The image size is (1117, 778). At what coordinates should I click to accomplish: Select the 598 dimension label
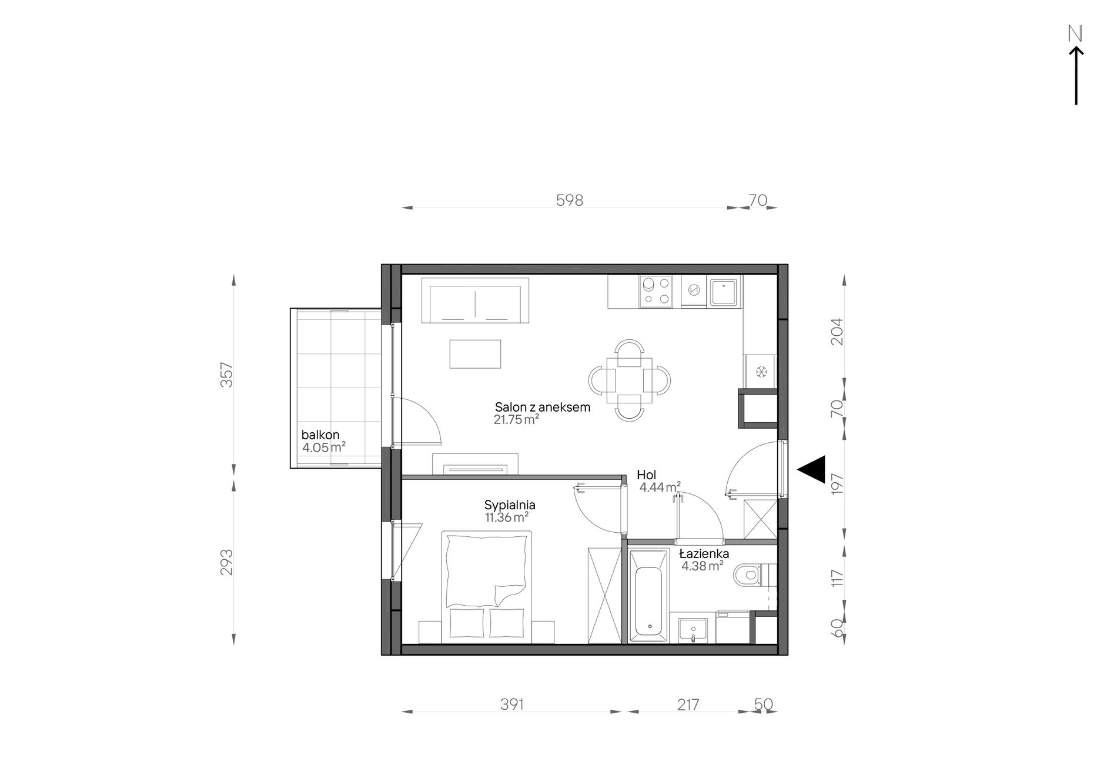coord(569,201)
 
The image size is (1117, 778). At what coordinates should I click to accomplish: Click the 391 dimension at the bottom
coord(511,704)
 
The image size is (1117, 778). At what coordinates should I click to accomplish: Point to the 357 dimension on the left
coord(227,375)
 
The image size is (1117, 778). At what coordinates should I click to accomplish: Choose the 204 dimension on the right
coord(837,331)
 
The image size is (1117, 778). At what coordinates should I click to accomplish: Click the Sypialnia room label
coord(510,505)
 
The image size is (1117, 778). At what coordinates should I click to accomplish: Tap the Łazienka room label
coord(704,554)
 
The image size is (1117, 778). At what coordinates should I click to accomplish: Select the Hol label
coord(646,475)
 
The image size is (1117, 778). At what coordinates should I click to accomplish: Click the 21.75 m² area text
coord(516,420)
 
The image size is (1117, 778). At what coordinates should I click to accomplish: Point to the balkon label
coord(320,435)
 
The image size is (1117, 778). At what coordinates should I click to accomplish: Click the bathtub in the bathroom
coord(648,595)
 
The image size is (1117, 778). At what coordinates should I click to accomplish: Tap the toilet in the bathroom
coord(750,575)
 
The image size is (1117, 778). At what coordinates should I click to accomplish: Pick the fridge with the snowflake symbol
coord(761,372)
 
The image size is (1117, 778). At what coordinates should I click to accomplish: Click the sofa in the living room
coord(476,300)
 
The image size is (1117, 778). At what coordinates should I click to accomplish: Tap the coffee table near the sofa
coord(475,354)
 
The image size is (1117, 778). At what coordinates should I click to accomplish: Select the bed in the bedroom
coord(486,587)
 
